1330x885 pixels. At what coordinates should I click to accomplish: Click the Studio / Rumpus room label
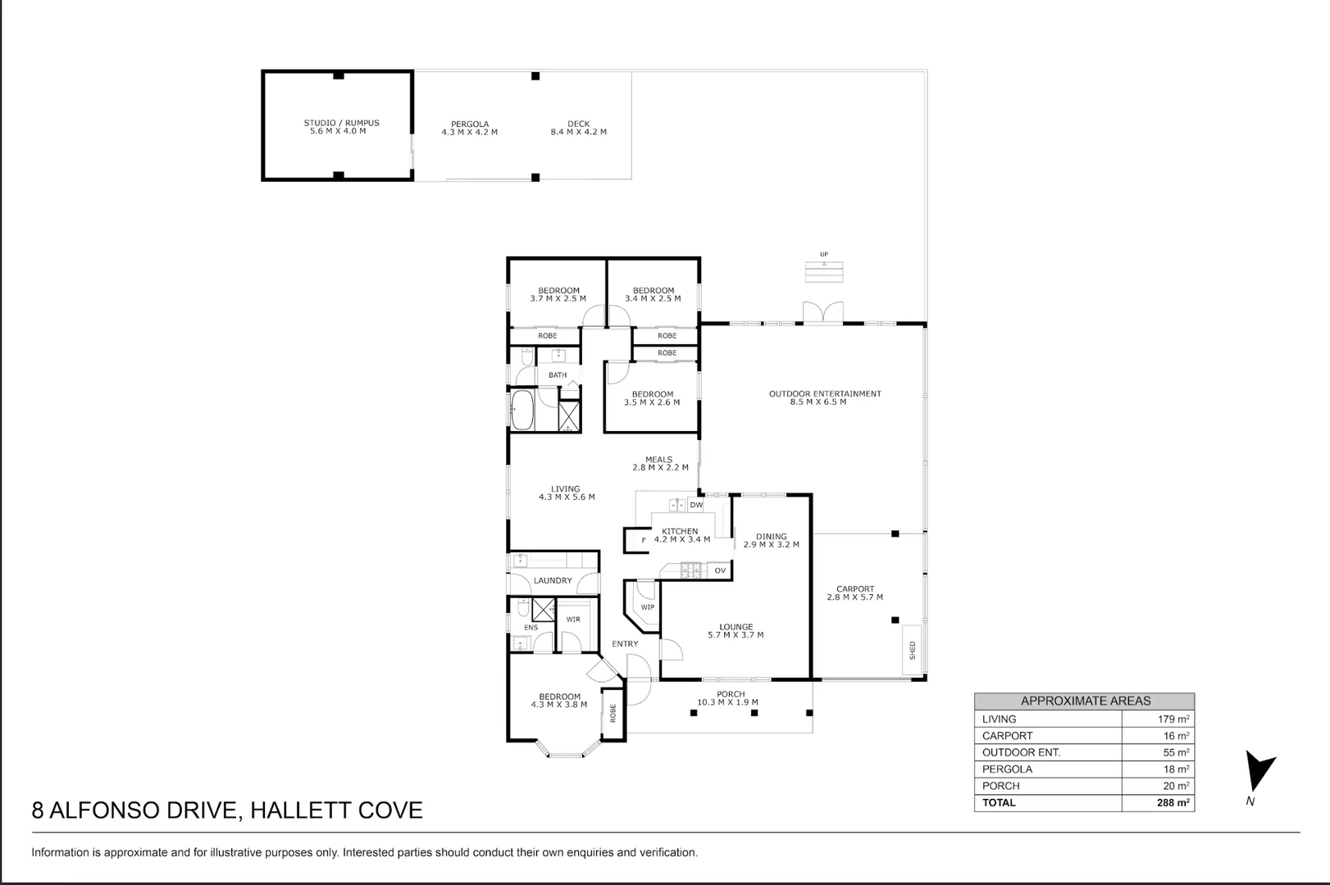click(341, 127)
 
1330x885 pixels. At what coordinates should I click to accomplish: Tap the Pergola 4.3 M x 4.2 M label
click(469, 128)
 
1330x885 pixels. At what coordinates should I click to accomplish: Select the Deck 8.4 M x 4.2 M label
click(578, 128)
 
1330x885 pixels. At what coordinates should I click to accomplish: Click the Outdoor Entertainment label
click(824, 397)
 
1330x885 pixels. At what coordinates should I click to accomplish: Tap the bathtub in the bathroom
click(522, 409)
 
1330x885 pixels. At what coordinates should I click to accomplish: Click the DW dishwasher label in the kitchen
click(696, 506)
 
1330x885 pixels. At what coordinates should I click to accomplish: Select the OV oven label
click(720, 570)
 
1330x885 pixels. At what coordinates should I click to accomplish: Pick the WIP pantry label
click(647, 607)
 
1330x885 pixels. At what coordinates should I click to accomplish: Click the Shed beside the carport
click(912, 651)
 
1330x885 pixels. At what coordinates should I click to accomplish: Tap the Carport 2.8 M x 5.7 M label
click(854, 592)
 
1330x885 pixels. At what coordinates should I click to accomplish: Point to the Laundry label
click(552, 580)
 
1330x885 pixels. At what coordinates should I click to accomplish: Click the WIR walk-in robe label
click(573, 619)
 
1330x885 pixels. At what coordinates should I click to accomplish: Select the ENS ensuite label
click(531, 628)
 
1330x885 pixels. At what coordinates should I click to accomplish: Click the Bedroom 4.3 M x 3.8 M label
click(559, 701)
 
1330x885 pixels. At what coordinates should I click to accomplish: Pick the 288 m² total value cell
click(1173, 803)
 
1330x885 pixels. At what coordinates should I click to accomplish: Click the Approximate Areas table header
click(1085, 701)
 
